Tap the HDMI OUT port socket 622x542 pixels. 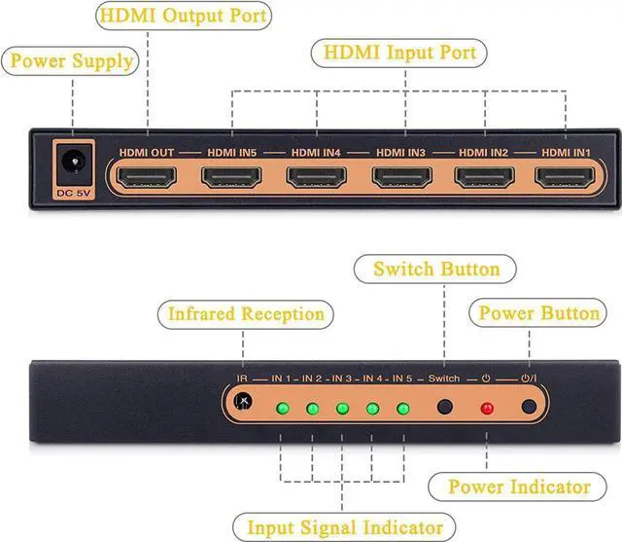pos(147,177)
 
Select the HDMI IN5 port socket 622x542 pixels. pos(231,177)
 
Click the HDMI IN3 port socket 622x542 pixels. pos(401,177)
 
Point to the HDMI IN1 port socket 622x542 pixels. pos(565,177)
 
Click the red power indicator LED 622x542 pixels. pos(487,408)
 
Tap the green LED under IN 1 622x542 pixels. pos(283,408)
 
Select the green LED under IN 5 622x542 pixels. pos(403,408)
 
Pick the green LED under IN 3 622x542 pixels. pos(342,408)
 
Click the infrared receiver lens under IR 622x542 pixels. pos(243,401)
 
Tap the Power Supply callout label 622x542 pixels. pos(70,61)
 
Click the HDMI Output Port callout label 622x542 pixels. pos(184,16)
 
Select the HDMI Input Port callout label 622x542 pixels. pos(399,54)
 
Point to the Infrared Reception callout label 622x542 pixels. pos(246,314)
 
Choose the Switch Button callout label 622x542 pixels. pos(435,270)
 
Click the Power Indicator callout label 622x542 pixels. pos(518,487)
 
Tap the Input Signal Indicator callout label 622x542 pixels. pos(344,527)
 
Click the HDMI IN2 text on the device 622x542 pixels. pos(484,153)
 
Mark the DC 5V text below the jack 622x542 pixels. pos(74,194)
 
